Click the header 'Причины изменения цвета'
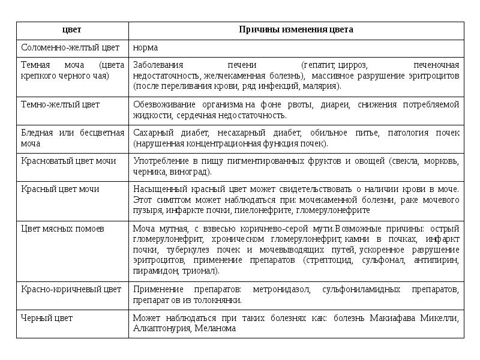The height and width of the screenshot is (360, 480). pyautogui.click(x=296, y=29)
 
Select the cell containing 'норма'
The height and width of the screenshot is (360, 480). pyautogui.click(x=145, y=47)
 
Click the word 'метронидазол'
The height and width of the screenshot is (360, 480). pyautogui.click(x=281, y=289)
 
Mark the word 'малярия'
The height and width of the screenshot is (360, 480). pyautogui.click(x=322, y=86)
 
